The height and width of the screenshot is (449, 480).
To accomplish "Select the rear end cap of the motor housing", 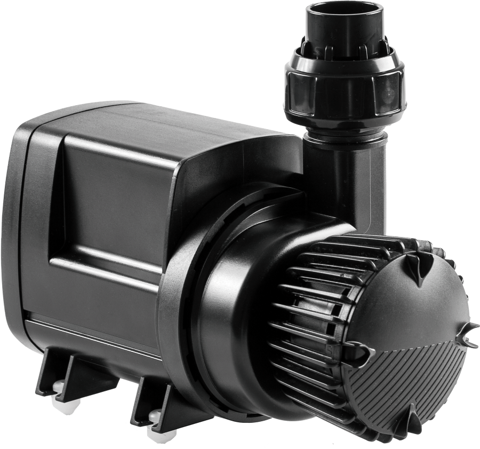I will coord(24,224).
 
